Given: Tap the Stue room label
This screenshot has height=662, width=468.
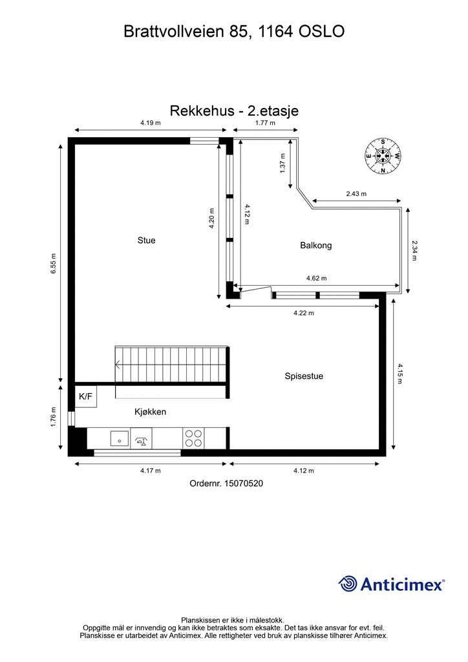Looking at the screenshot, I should [x=147, y=240].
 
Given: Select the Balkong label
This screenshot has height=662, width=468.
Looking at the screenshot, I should [x=315, y=246].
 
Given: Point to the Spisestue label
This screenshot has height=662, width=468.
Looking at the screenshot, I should [x=304, y=376].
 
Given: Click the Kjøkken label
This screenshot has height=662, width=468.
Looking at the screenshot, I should [x=151, y=411].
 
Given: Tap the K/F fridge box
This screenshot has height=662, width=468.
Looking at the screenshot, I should [x=86, y=396].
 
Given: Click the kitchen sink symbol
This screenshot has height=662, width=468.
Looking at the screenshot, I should [x=118, y=439].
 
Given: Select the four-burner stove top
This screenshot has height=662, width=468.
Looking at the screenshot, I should [x=193, y=438].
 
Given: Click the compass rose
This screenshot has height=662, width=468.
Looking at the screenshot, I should [x=383, y=156].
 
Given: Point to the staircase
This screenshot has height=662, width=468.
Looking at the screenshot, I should [x=171, y=364].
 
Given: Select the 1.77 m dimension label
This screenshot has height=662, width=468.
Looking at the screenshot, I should [x=265, y=122].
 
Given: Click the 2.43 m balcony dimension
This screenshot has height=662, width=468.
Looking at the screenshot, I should [x=356, y=194].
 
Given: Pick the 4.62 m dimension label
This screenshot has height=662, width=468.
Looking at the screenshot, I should [x=316, y=279].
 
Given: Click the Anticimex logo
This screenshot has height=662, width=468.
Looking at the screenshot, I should [x=392, y=584].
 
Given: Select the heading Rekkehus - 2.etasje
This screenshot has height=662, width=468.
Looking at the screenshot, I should [x=234, y=111].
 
